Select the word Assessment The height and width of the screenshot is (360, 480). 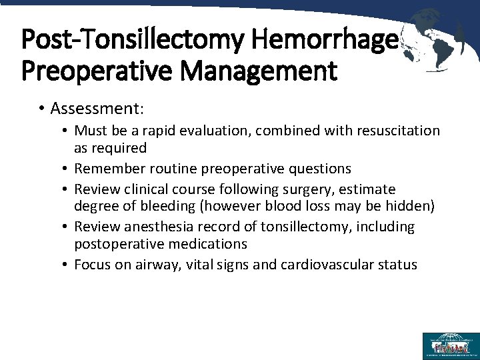pos(97,108)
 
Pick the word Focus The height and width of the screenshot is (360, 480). pos(92,265)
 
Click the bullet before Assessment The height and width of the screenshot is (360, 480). pos(41,108)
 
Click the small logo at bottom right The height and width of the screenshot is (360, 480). pos(451,345)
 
